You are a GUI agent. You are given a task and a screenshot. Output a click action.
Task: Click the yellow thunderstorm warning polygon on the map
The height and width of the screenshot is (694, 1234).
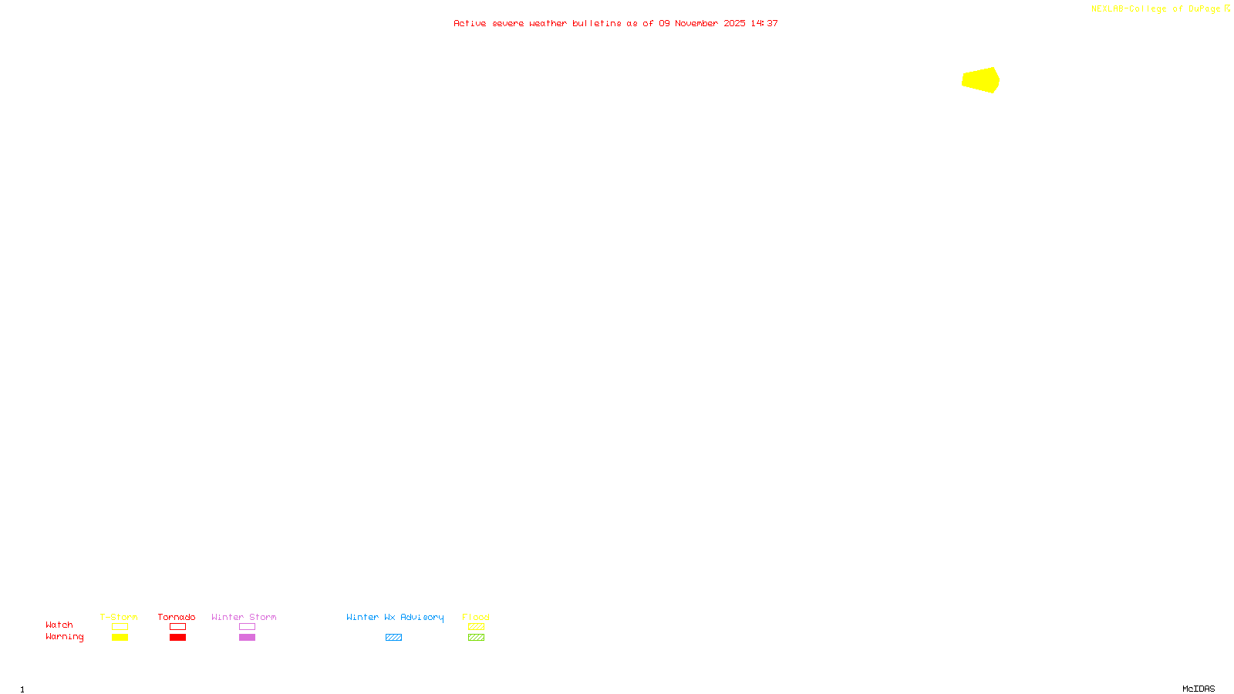pos(981,80)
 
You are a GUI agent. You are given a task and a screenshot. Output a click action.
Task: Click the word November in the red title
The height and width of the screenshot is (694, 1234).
pos(696,24)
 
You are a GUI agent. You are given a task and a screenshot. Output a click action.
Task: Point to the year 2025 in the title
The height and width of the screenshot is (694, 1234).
pos(734,24)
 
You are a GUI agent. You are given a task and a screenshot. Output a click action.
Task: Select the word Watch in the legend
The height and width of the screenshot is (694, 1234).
pos(59,625)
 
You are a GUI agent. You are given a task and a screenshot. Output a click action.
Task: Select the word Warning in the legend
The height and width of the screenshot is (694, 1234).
pos(64,637)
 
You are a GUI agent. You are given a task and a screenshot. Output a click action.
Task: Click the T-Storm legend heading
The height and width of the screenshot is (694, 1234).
pos(119,617)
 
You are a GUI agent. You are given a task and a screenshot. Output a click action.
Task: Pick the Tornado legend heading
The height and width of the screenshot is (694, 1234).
pos(177,617)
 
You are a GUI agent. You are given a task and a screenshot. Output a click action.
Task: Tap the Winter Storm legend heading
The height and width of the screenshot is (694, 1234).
pos(244,617)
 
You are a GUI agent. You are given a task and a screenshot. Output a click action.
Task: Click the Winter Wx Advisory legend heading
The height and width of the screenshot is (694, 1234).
pos(395,617)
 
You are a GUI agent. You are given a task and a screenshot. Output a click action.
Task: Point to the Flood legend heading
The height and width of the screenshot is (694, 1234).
pos(476,617)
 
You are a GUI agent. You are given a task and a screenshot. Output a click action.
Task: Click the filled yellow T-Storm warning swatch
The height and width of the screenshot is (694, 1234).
pos(120,638)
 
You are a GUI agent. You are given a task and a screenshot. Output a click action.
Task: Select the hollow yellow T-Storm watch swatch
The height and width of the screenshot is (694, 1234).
pos(120,627)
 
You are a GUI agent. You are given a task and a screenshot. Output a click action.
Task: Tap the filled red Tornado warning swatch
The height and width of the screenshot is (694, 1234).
pos(178,638)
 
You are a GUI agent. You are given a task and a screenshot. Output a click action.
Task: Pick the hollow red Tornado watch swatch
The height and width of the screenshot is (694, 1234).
pos(178,627)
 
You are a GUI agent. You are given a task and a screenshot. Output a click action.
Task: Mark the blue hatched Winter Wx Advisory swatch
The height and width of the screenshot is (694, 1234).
pos(393,638)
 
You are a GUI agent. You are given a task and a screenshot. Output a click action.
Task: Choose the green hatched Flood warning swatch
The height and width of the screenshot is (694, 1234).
pos(476,638)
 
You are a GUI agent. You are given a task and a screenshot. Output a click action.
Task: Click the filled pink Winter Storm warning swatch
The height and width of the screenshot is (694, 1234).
pos(247,638)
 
